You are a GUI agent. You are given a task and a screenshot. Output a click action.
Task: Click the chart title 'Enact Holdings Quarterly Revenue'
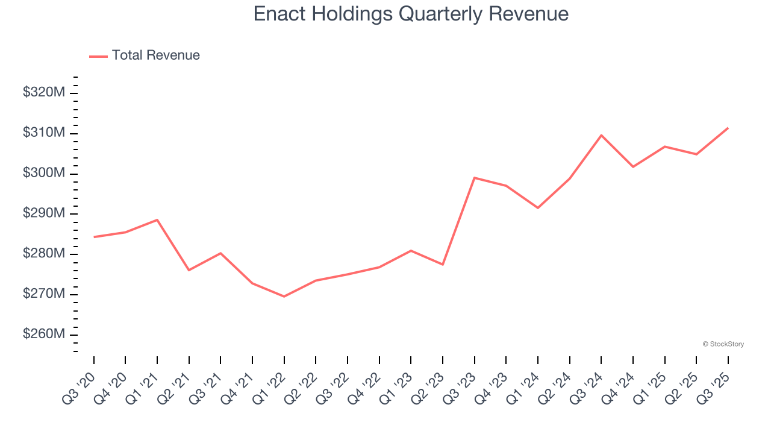(x=411, y=13)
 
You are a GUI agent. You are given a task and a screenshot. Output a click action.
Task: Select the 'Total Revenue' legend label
(x=155, y=55)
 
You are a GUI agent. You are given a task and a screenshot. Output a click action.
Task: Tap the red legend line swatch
(x=98, y=56)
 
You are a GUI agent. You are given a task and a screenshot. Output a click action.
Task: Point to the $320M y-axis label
(x=43, y=93)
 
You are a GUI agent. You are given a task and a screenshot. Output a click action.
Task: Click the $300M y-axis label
(x=43, y=174)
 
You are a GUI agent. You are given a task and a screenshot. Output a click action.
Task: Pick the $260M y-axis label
(x=43, y=335)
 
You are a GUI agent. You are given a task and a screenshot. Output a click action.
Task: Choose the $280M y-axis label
(x=43, y=254)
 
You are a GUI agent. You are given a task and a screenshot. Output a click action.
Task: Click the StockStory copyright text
(x=723, y=344)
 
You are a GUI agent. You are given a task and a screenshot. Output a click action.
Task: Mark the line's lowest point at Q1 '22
(x=284, y=297)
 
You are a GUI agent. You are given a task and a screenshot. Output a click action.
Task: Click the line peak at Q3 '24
(x=601, y=135)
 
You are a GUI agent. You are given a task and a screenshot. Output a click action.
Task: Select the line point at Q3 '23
(x=475, y=178)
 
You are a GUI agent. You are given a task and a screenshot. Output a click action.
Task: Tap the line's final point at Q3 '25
(x=728, y=128)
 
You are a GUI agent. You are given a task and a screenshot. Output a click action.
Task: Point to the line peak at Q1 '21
(x=157, y=219)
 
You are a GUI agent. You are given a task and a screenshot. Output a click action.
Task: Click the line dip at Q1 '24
(x=538, y=208)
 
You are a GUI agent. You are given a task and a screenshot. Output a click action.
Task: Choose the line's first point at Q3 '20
(x=94, y=237)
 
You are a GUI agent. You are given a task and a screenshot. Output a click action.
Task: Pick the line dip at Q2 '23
(x=443, y=265)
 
